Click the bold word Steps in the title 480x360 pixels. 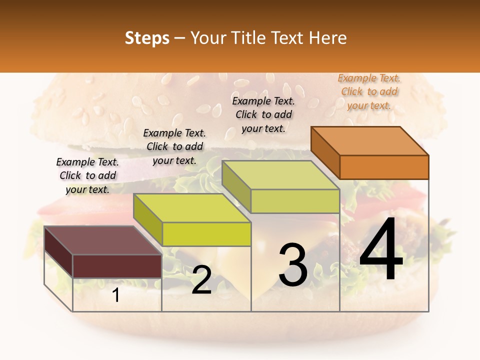click(x=147, y=38)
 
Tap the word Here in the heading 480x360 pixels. click(x=327, y=38)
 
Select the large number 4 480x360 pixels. click(x=381, y=250)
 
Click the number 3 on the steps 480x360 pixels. click(x=292, y=265)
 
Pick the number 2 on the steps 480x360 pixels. click(x=201, y=280)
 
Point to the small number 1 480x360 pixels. click(x=116, y=295)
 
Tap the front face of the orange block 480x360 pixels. click(x=384, y=167)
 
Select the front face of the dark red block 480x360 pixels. click(x=117, y=266)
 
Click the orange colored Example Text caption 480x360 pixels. click(x=369, y=92)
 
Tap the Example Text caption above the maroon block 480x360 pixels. click(x=87, y=175)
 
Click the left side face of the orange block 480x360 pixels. click(x=325, y=152)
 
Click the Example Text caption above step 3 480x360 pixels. click(x=263, y=114)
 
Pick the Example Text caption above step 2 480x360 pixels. click(x=174, y=146)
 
